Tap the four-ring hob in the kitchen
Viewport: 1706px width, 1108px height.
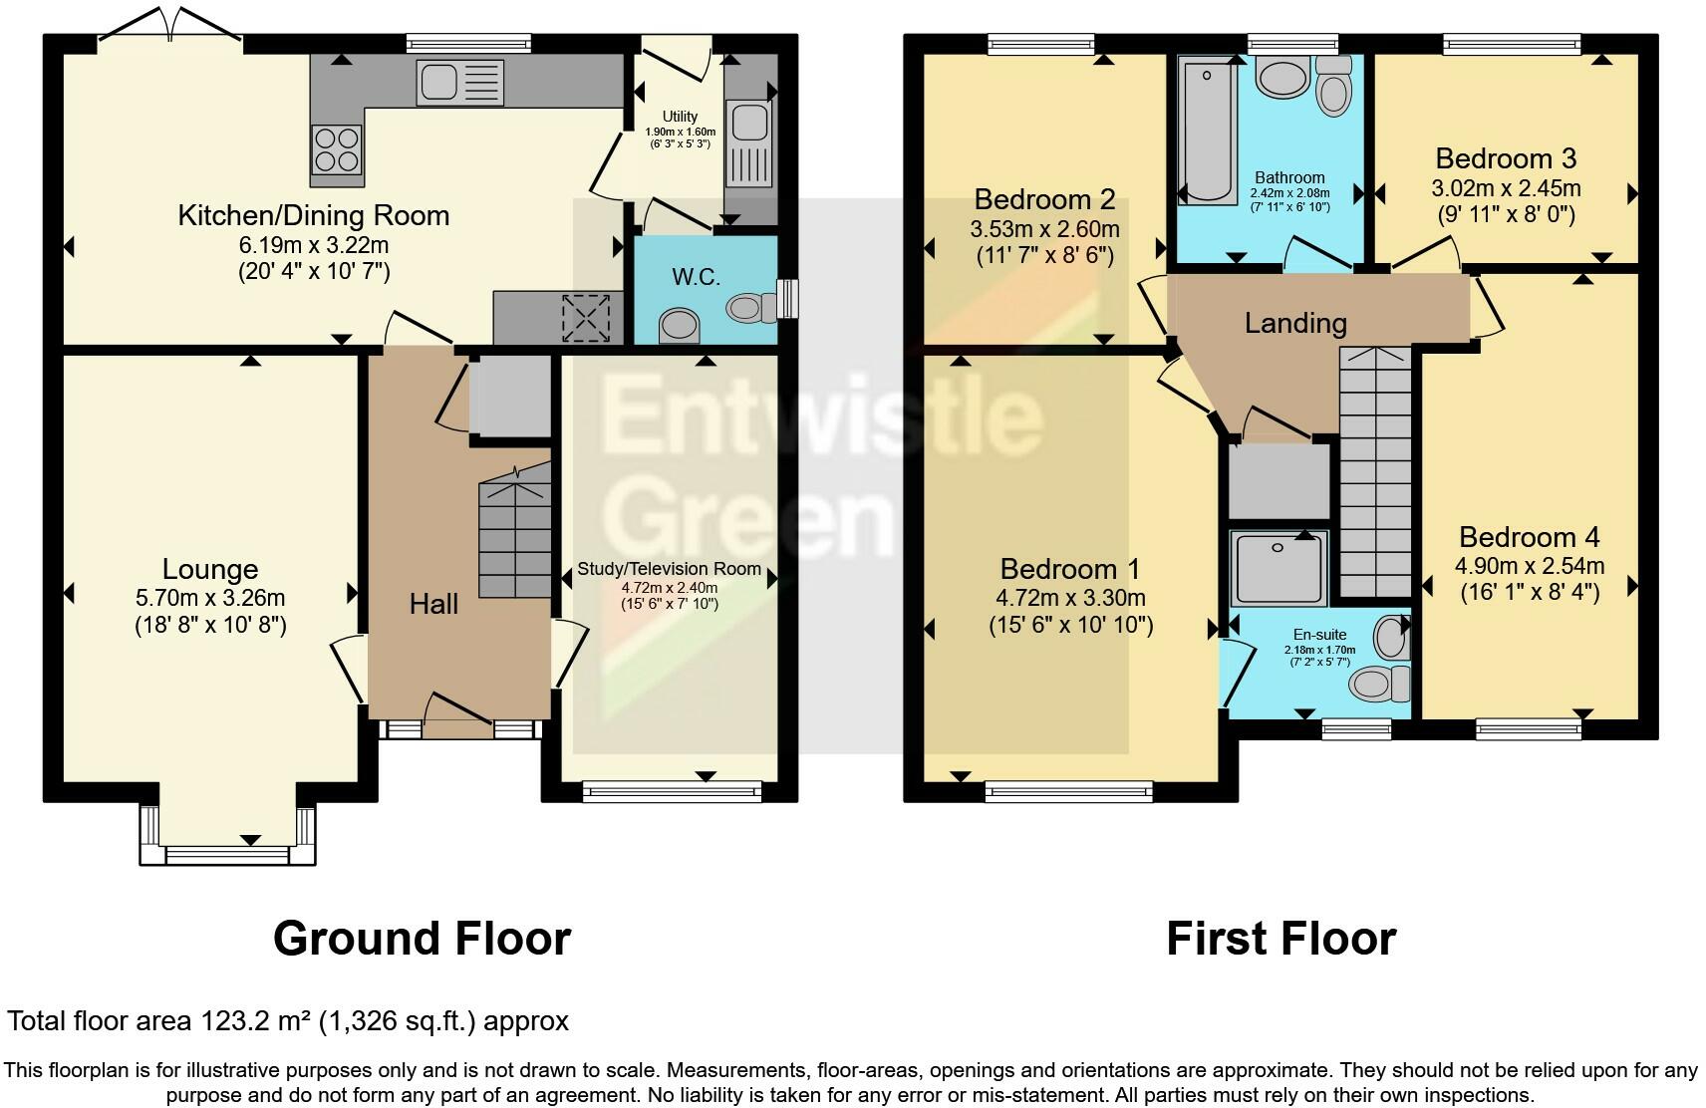click(337, 149)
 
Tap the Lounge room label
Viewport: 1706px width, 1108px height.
click(210, 569)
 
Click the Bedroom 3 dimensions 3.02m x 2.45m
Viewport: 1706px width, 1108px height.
click(1506, 188)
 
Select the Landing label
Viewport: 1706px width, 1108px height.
click(1295, 323)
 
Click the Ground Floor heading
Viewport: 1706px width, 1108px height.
click(422, 939)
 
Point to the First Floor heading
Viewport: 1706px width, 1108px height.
click(1280, 939)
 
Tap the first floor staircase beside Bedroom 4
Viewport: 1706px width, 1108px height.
click(1375, 473)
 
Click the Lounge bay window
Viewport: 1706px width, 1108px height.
click(227, 854)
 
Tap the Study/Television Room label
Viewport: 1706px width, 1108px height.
click(669, 569)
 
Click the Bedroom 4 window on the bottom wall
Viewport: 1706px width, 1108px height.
click(1528, 729)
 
